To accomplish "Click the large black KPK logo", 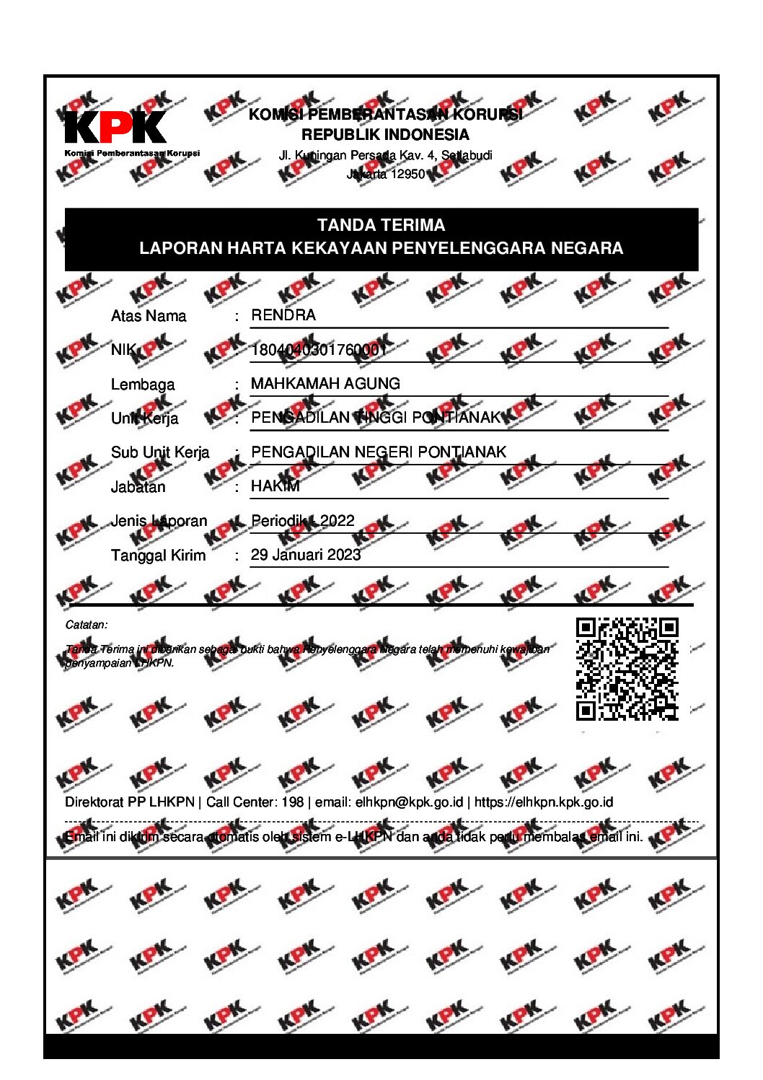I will (x=115, y=128).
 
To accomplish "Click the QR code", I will (x=627, y=669).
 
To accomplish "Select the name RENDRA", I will (x=283, y=315).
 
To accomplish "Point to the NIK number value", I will (x=319, y=350).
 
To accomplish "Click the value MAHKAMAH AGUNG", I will (x=325, y=384).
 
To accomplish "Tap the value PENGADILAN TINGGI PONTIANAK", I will (x=375, y=418).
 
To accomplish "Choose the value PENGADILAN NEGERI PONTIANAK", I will (x=379, y=452).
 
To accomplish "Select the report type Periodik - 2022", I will (x=303, y=521).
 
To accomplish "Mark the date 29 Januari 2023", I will (x=306, y=555).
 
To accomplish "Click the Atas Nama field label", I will (x=149, y=316).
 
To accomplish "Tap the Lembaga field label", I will (x=143, y=385).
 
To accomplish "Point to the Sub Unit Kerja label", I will (x=160, y=452).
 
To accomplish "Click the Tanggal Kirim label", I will (x=158, y=556).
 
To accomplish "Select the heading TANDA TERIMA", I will (x=381, y=225).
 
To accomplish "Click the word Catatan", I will (x=86, y=625).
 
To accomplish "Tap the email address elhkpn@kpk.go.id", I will (x=410, y=802).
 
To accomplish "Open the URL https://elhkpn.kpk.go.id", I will (x=544, y=802).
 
